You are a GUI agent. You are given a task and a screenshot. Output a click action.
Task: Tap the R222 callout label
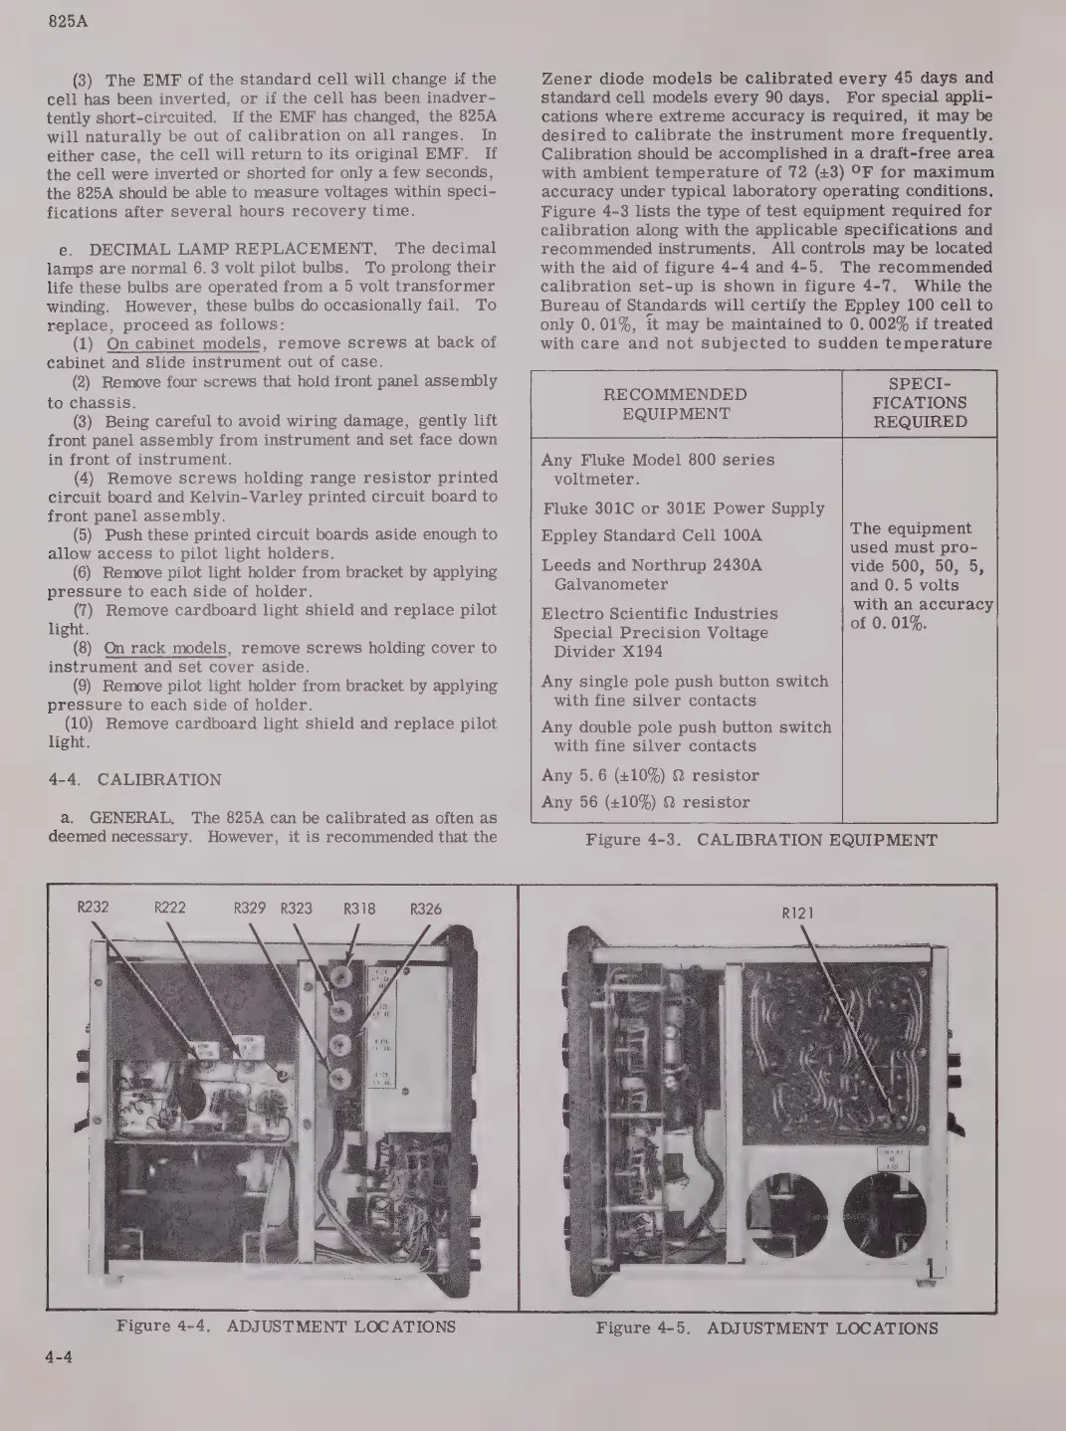tap(170, 908)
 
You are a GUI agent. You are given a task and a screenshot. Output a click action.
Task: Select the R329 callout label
tap(250, 908)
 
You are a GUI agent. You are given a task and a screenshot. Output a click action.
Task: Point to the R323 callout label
tap(296, 908)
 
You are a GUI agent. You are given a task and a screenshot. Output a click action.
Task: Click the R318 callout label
tap(359, 908)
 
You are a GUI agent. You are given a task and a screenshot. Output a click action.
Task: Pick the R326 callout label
tap(426, 908)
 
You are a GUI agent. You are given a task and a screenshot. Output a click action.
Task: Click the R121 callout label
tap(798, 913)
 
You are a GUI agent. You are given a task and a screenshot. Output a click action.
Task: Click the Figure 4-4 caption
tap(286, 1327)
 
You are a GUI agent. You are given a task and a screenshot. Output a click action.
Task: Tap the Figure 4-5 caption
tap(766, 1328)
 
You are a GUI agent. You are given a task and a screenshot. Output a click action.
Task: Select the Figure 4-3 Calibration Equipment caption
tap(761, 840)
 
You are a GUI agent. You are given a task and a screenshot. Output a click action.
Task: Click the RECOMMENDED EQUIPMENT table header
tap(676, 404)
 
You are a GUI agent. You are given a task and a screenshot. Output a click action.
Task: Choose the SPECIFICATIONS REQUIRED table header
tap(920, 403)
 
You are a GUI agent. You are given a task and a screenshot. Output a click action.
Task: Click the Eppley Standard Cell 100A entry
tap(652, 535)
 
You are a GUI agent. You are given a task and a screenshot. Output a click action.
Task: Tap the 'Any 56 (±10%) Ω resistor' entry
tap(646, 802)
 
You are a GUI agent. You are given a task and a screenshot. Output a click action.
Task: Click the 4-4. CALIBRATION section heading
tap(134, 780)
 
